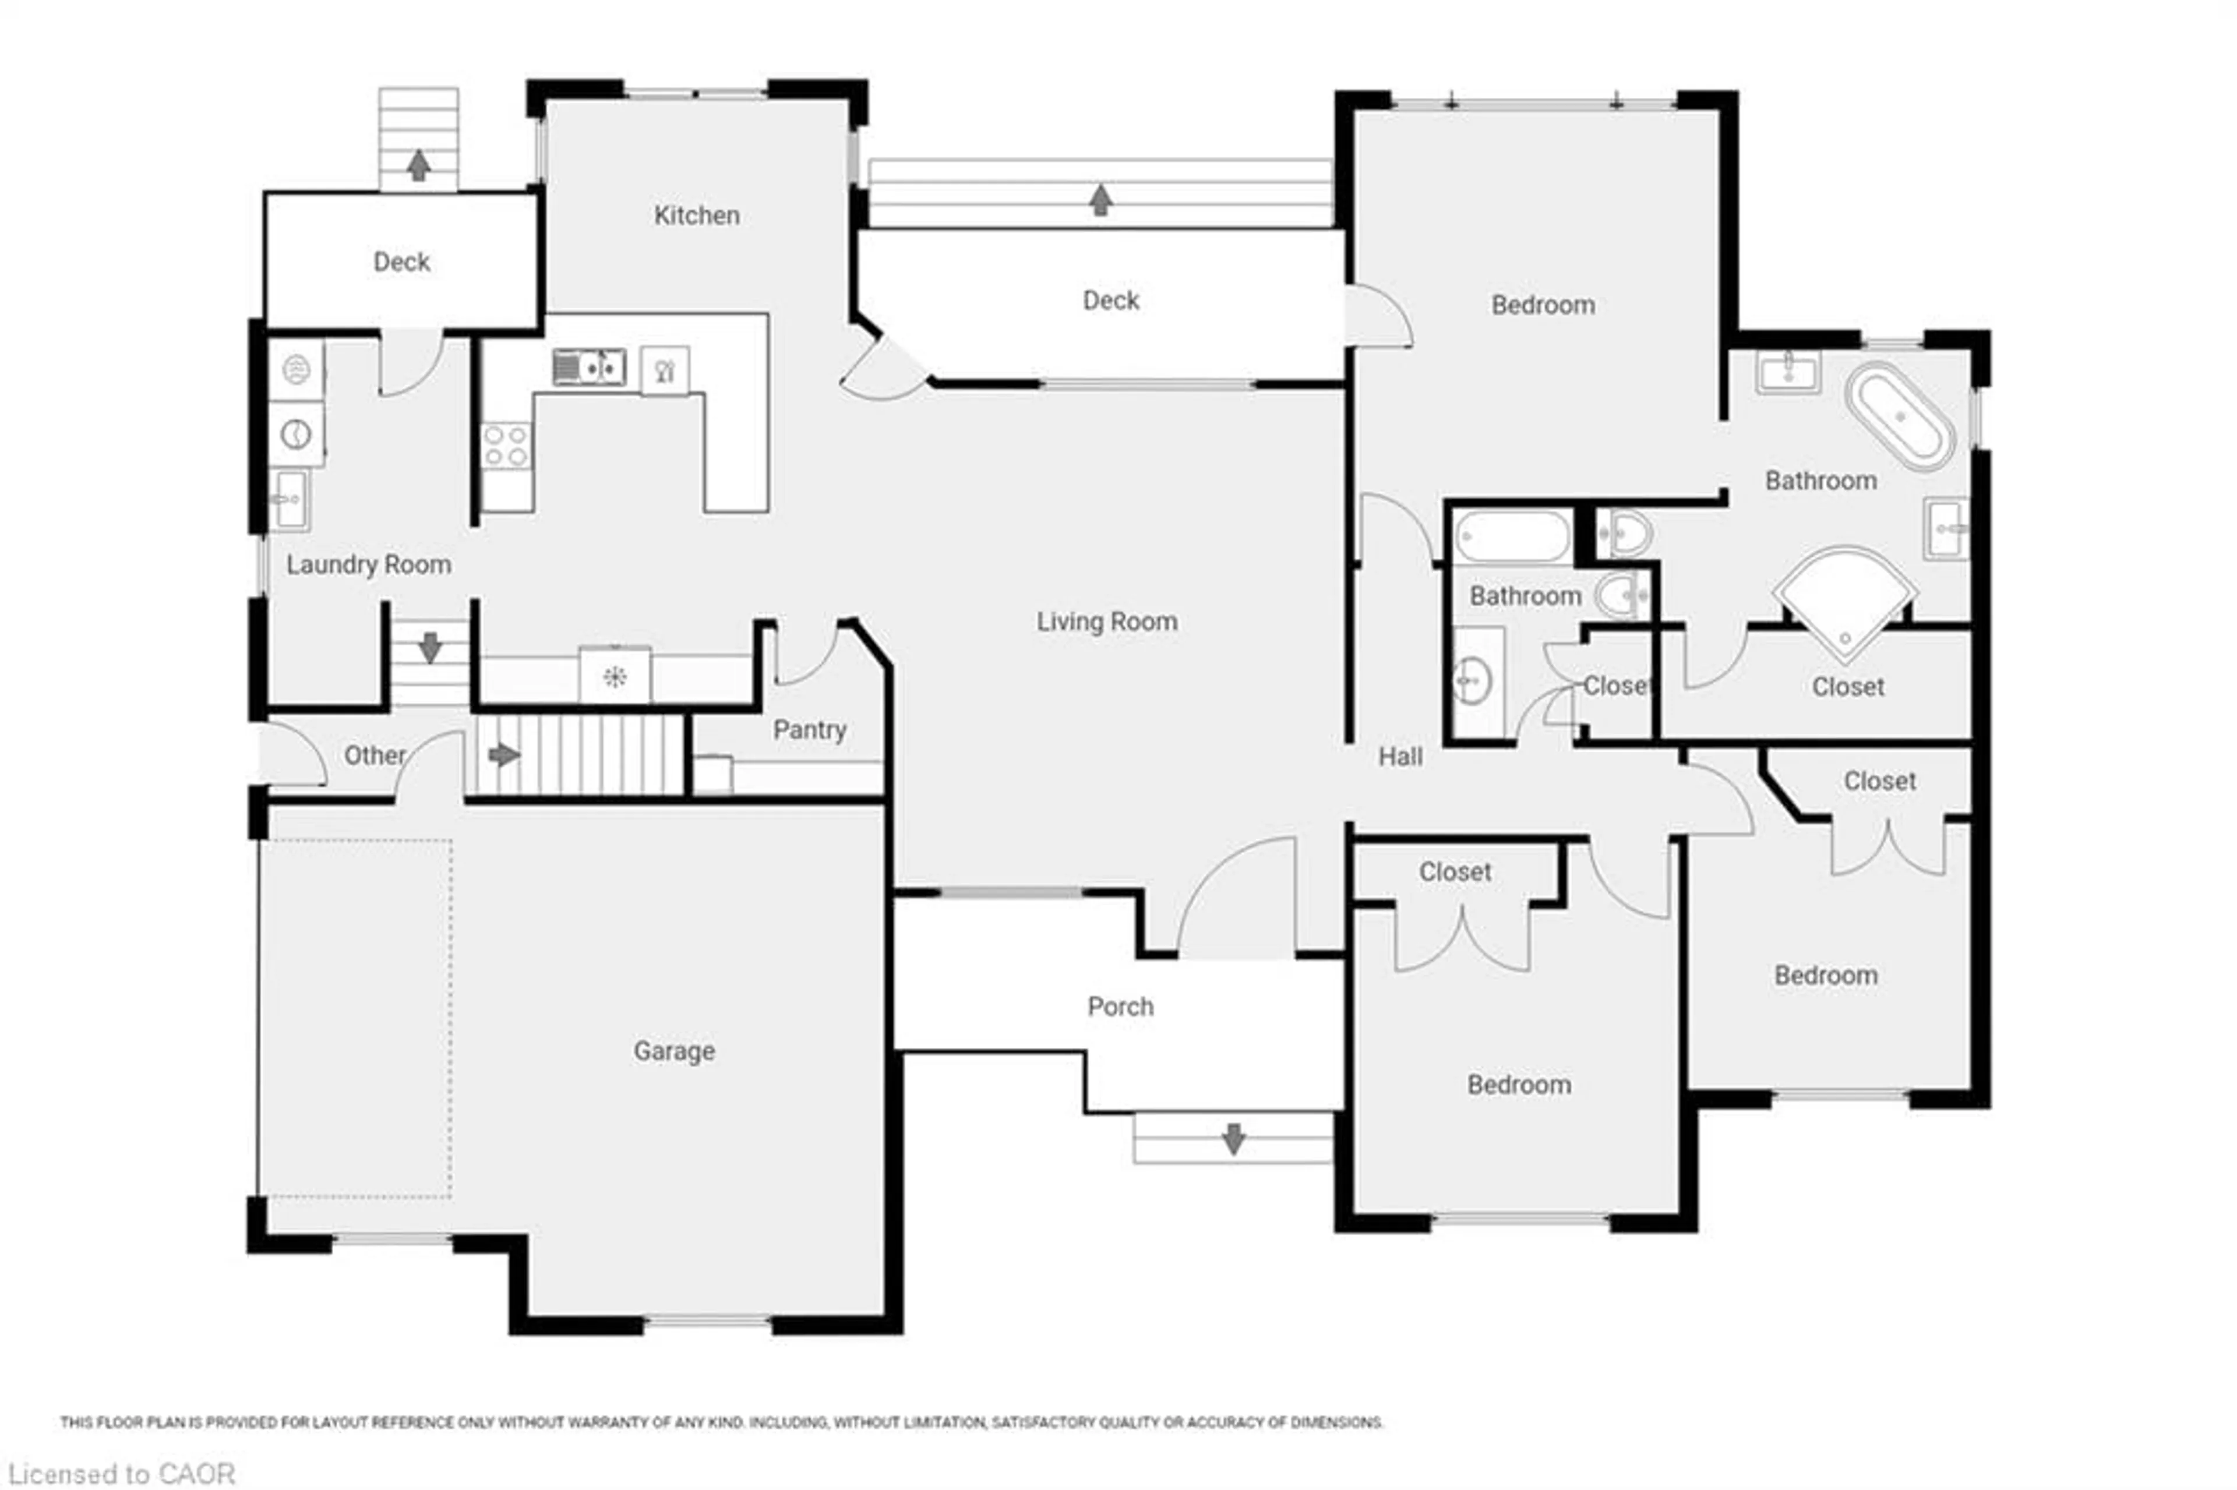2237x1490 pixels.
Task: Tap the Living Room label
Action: (x=1106, y=622)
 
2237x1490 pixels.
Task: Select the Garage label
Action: (x=674, y=1051)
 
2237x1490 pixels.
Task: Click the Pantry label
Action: (x=809, y=730)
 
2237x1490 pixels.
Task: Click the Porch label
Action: (x=1120, y=1007)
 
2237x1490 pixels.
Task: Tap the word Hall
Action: (x=1400, y=757)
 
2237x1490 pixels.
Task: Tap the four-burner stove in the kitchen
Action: (x=506, y=446)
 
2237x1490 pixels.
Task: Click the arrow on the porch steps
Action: (x=1233, y=1138)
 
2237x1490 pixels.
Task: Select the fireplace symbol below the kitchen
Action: (x=614, y=677)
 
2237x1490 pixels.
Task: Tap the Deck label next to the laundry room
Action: (x=400, y=262)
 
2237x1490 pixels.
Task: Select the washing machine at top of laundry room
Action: (x=295, y=369)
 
